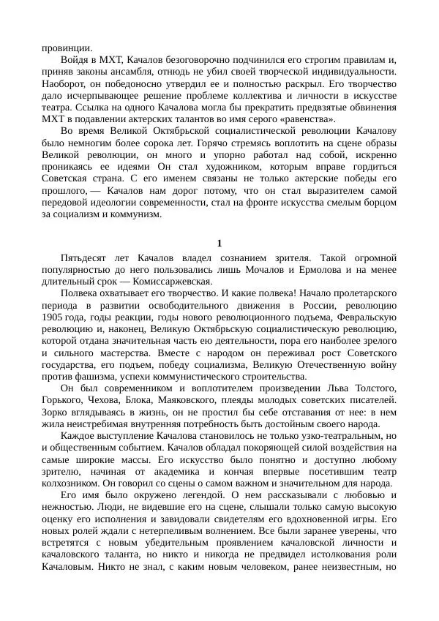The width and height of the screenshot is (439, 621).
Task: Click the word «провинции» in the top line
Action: click(x=61, y=48)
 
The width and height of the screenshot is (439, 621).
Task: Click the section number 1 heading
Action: click(x=219, y=244)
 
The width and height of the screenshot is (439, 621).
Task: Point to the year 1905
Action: click(x=53, y=317)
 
